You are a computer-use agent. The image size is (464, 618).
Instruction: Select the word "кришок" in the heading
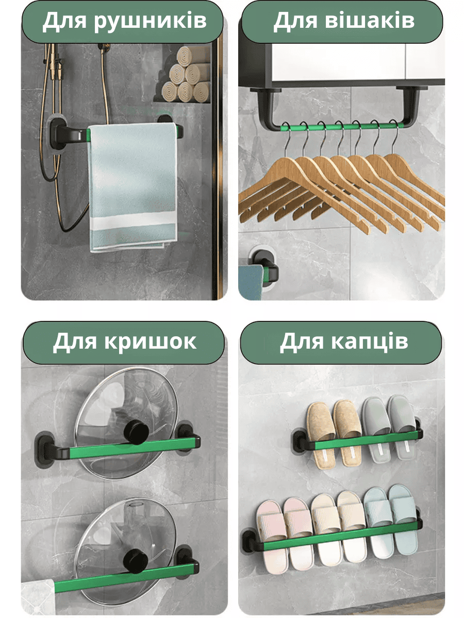(x=151, y=342)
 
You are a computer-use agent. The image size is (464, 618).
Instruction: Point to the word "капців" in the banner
(x=370, y=341)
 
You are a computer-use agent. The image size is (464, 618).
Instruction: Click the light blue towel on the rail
(x=132, y=187)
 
